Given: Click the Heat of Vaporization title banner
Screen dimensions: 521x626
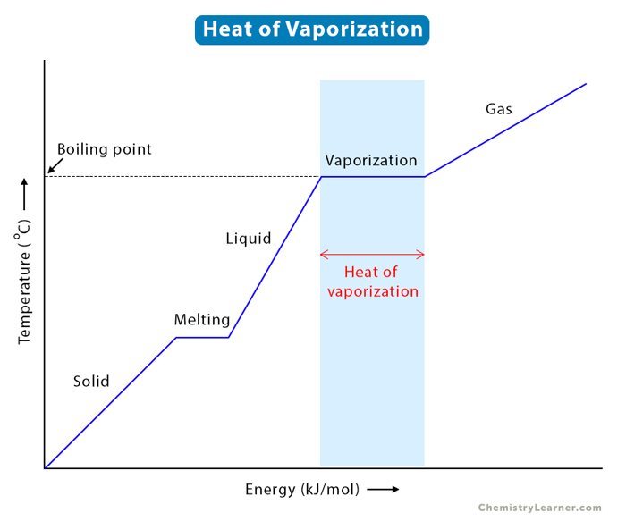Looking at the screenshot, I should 312,29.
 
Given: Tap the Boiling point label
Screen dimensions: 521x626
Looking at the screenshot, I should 104,149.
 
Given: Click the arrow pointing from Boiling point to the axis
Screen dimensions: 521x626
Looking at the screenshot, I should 54,165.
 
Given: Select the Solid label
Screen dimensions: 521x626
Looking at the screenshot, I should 91,382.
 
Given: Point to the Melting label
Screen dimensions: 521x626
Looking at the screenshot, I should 201,320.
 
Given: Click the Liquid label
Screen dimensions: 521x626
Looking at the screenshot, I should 248,239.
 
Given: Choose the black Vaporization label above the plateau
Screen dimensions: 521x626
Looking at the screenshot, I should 371,161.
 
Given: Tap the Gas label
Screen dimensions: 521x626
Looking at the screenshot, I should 499,109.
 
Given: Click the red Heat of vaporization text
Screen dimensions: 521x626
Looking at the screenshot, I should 372,282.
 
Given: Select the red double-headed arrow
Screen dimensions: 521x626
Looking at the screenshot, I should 372,254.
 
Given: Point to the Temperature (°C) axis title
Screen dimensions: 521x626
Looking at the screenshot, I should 25,286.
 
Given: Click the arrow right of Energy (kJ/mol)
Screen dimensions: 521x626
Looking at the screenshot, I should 382,490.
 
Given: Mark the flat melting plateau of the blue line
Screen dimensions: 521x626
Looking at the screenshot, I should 202,337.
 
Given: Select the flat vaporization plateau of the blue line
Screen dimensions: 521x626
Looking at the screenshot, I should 372,177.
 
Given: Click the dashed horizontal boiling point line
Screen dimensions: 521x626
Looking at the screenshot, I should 179,177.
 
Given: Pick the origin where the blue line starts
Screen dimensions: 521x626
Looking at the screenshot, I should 44,467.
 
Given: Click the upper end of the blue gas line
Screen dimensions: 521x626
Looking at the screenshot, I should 585,85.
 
